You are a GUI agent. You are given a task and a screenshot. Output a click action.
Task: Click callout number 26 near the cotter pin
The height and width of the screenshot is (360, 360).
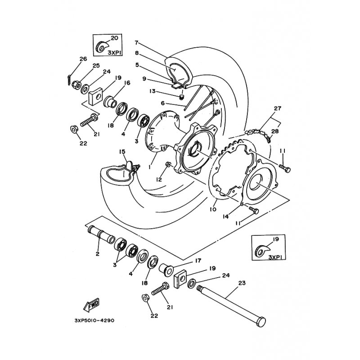point(83,59)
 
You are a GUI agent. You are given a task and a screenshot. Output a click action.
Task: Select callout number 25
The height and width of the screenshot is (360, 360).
point(96,66)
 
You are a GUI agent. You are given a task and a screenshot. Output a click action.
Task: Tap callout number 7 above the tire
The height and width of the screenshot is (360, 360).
point(137,43)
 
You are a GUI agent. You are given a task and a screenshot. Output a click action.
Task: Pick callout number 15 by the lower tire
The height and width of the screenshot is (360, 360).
point(122,152)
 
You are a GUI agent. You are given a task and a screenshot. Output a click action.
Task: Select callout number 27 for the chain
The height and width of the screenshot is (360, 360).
point(277,108)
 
